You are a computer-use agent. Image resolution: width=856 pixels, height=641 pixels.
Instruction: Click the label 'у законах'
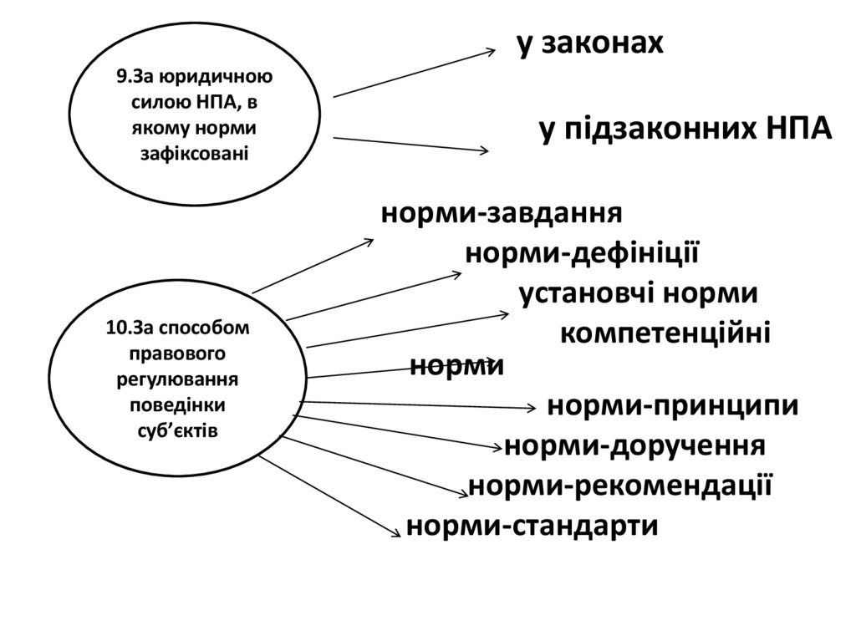click(590, 44)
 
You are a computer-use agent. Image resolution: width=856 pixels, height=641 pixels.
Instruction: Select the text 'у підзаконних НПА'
click(685, 130)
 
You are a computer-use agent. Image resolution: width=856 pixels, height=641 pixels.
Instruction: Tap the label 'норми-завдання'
click(502, 213)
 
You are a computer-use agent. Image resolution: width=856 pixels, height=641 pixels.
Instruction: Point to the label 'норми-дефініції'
click(582, 253)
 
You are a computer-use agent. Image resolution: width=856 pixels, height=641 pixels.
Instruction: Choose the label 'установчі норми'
click(639, 294)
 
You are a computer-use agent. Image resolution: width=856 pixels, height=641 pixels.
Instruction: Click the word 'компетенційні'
click(665, 333)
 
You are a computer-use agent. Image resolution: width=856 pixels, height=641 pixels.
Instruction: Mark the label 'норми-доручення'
click(635, 445)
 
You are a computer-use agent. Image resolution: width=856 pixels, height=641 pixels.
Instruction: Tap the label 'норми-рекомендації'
click(619, 486)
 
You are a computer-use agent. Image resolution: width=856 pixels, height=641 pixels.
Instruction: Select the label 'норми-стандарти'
click(532, 526)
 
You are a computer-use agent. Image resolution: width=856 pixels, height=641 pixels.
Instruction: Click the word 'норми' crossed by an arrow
click(456, 366)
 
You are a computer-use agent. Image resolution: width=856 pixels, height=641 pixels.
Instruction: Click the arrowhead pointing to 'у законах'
click(491, 52)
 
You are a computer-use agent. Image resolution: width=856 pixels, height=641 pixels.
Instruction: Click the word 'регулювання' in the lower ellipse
click(177, 379)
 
